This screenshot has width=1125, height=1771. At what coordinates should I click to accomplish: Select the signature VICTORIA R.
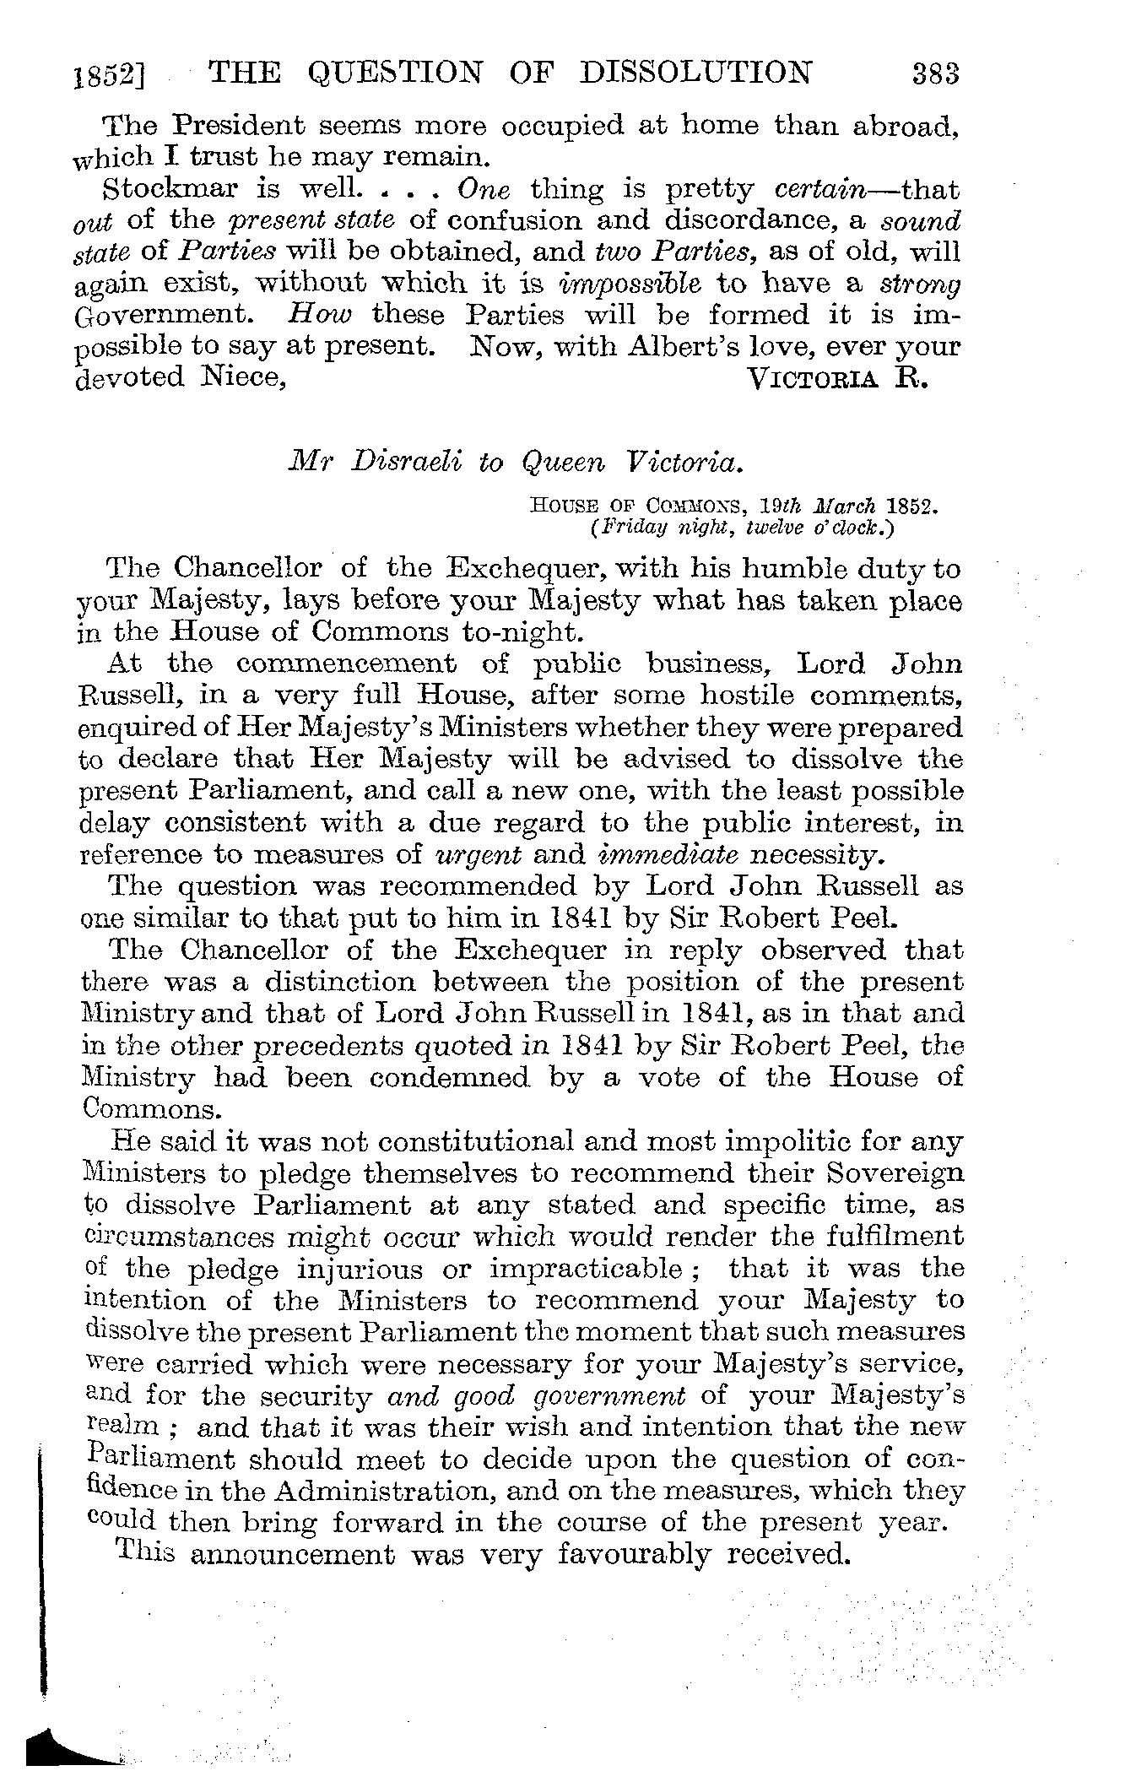(x=838, y=377)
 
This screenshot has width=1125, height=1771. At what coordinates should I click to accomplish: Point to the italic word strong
(x=926, y=284)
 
